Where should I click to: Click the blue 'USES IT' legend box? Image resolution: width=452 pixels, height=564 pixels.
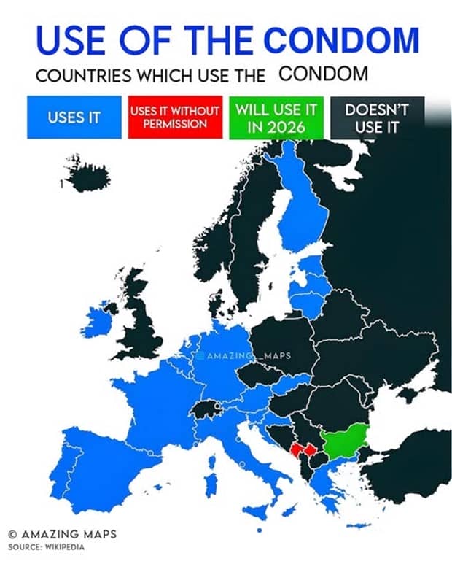coord(74,117)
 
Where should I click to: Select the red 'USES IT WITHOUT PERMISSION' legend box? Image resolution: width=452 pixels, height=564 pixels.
coord(176,117)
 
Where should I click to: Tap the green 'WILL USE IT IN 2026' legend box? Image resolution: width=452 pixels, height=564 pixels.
coord(276,117)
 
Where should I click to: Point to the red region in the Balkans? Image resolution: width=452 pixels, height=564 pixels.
coord(300,450)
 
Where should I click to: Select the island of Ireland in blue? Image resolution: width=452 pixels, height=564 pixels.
coord(100,322)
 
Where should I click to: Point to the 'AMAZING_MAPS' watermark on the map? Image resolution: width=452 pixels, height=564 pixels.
coord(244,356)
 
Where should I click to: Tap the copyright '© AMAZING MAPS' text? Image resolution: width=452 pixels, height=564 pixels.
coord(62,533)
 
